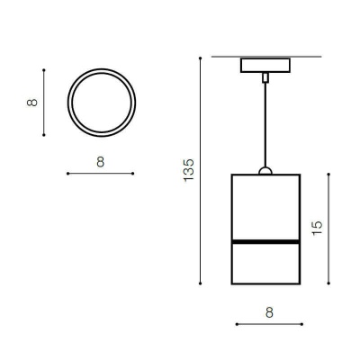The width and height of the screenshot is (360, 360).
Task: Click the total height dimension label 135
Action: [189, 169]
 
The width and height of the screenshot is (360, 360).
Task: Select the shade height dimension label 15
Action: [317, 228]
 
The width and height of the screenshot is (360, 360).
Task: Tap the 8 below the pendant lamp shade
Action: [269, 312]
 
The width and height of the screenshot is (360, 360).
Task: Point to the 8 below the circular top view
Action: [101, 162]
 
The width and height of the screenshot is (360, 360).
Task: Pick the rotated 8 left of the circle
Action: [32, 103]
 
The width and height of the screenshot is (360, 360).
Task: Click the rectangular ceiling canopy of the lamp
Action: [265, 65]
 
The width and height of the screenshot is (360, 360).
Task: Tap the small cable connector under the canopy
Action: [265, 77]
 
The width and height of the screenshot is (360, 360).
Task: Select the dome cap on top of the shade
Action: [265, 171]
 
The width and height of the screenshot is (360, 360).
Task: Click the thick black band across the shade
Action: [265, 241]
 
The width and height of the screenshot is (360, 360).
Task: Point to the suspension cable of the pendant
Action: [265, 124]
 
